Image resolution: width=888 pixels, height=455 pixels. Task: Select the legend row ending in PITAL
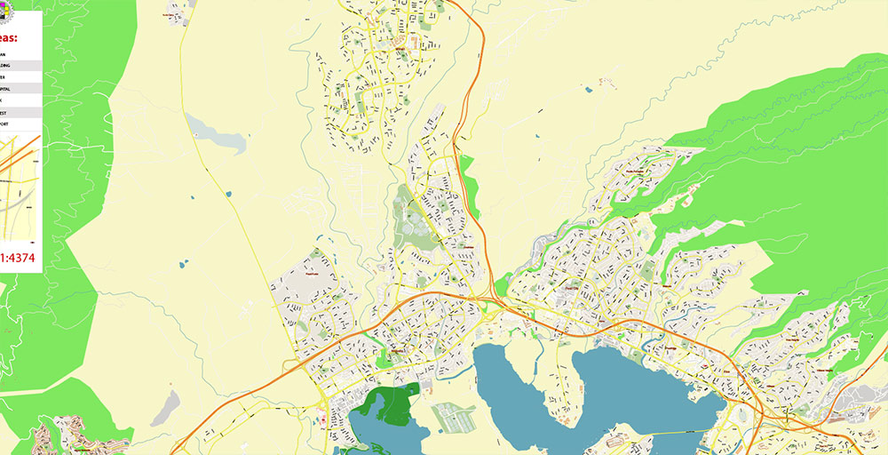pyautogui.click(x=20, y=89)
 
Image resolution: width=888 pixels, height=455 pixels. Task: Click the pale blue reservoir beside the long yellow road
pyautogui.click(x=216, y=134)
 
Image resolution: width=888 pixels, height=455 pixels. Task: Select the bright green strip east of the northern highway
pyautogui.click(x=469, y=187)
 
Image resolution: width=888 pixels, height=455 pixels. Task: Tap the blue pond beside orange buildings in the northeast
pyautogui.click(x=588, y=89)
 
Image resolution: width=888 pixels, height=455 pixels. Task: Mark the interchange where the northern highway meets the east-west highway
pyautogui.click(x=491, y=300)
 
